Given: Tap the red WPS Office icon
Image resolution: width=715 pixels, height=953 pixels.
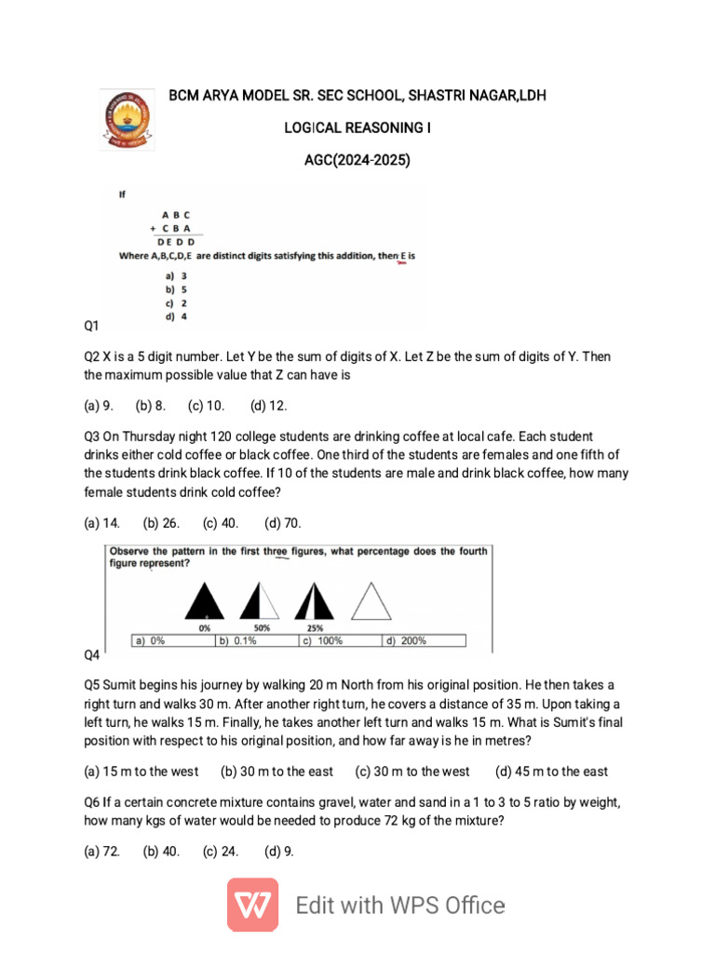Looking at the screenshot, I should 252,906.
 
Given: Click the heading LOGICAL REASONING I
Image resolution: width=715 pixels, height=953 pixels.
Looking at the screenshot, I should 357,128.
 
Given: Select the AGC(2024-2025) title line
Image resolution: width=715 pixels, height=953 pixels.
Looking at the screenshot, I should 357,160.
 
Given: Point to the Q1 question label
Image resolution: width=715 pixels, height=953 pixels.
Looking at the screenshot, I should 92,327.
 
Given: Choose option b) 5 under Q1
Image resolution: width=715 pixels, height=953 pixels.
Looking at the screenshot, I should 177,289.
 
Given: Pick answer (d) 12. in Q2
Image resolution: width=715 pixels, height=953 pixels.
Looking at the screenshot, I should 269,406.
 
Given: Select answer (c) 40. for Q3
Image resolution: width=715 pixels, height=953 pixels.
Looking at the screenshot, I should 221,523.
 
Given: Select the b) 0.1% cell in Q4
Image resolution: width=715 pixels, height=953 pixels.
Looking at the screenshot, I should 255,640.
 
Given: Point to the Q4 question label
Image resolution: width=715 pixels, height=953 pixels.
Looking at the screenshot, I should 92,655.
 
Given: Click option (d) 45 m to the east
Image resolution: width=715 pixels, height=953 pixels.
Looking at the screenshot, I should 551,771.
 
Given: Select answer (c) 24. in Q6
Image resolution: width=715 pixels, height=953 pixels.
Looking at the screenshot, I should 221,850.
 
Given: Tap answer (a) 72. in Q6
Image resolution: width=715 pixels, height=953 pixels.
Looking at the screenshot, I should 102,850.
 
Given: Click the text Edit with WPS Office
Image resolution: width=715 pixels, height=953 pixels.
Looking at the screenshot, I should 400,906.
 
